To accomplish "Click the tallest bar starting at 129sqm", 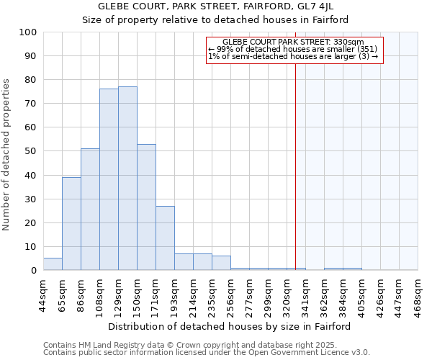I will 127,179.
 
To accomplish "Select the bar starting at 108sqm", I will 109,179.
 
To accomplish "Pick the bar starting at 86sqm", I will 90,209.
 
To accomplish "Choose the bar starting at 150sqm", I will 146,207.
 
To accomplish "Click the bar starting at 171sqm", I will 165,238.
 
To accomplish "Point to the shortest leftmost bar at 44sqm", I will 53,264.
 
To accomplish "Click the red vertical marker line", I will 295,166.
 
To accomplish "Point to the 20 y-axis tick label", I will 31,222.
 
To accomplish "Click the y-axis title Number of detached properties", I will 7,155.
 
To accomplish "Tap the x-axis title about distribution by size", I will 230,326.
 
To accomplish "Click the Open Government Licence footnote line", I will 207,353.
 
